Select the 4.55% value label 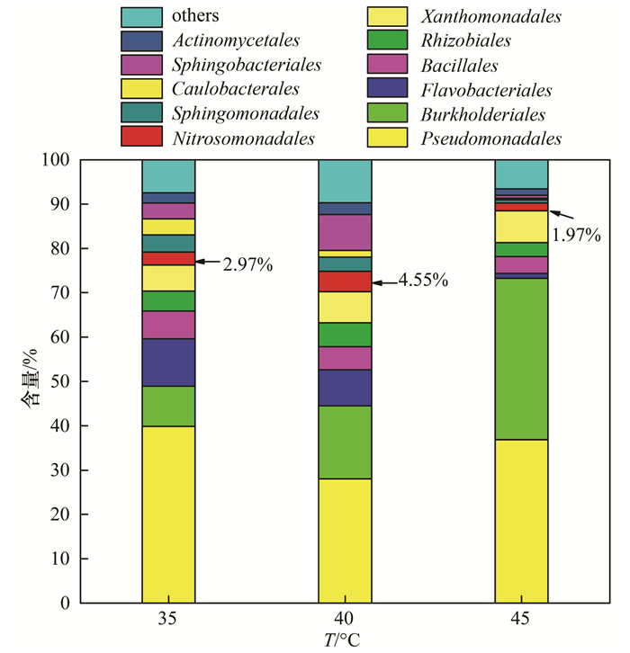tap(423, 282)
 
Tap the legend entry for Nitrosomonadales tap(244, 139)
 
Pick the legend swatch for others tap(140, 16)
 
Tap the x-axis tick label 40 tap(345, 620)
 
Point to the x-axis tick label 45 tap(521, 620)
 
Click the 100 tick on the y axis tap(56, 160)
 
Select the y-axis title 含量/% tap(28, 381)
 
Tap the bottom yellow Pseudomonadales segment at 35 tap(168, 514)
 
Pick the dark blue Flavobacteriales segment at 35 tap(168, 362)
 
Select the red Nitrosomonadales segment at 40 tap(345, 282)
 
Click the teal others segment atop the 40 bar tap(345, 181)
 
